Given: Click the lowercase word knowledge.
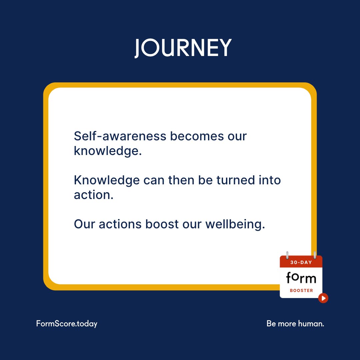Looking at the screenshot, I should point(108,151).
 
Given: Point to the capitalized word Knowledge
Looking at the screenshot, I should point(107,180).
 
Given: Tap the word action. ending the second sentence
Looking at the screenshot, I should point(94,195).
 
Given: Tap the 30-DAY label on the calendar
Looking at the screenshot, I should point(301,262).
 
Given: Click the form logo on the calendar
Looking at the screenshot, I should point(301,278).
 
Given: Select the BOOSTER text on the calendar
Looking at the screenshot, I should point(301,291).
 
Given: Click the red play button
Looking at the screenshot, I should point(323,298).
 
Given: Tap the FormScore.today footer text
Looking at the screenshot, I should point(67,323).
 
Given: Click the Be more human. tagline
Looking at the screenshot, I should point(295,323).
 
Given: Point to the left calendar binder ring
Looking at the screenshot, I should point(287,255).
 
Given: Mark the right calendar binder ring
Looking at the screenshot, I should point(314,255).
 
